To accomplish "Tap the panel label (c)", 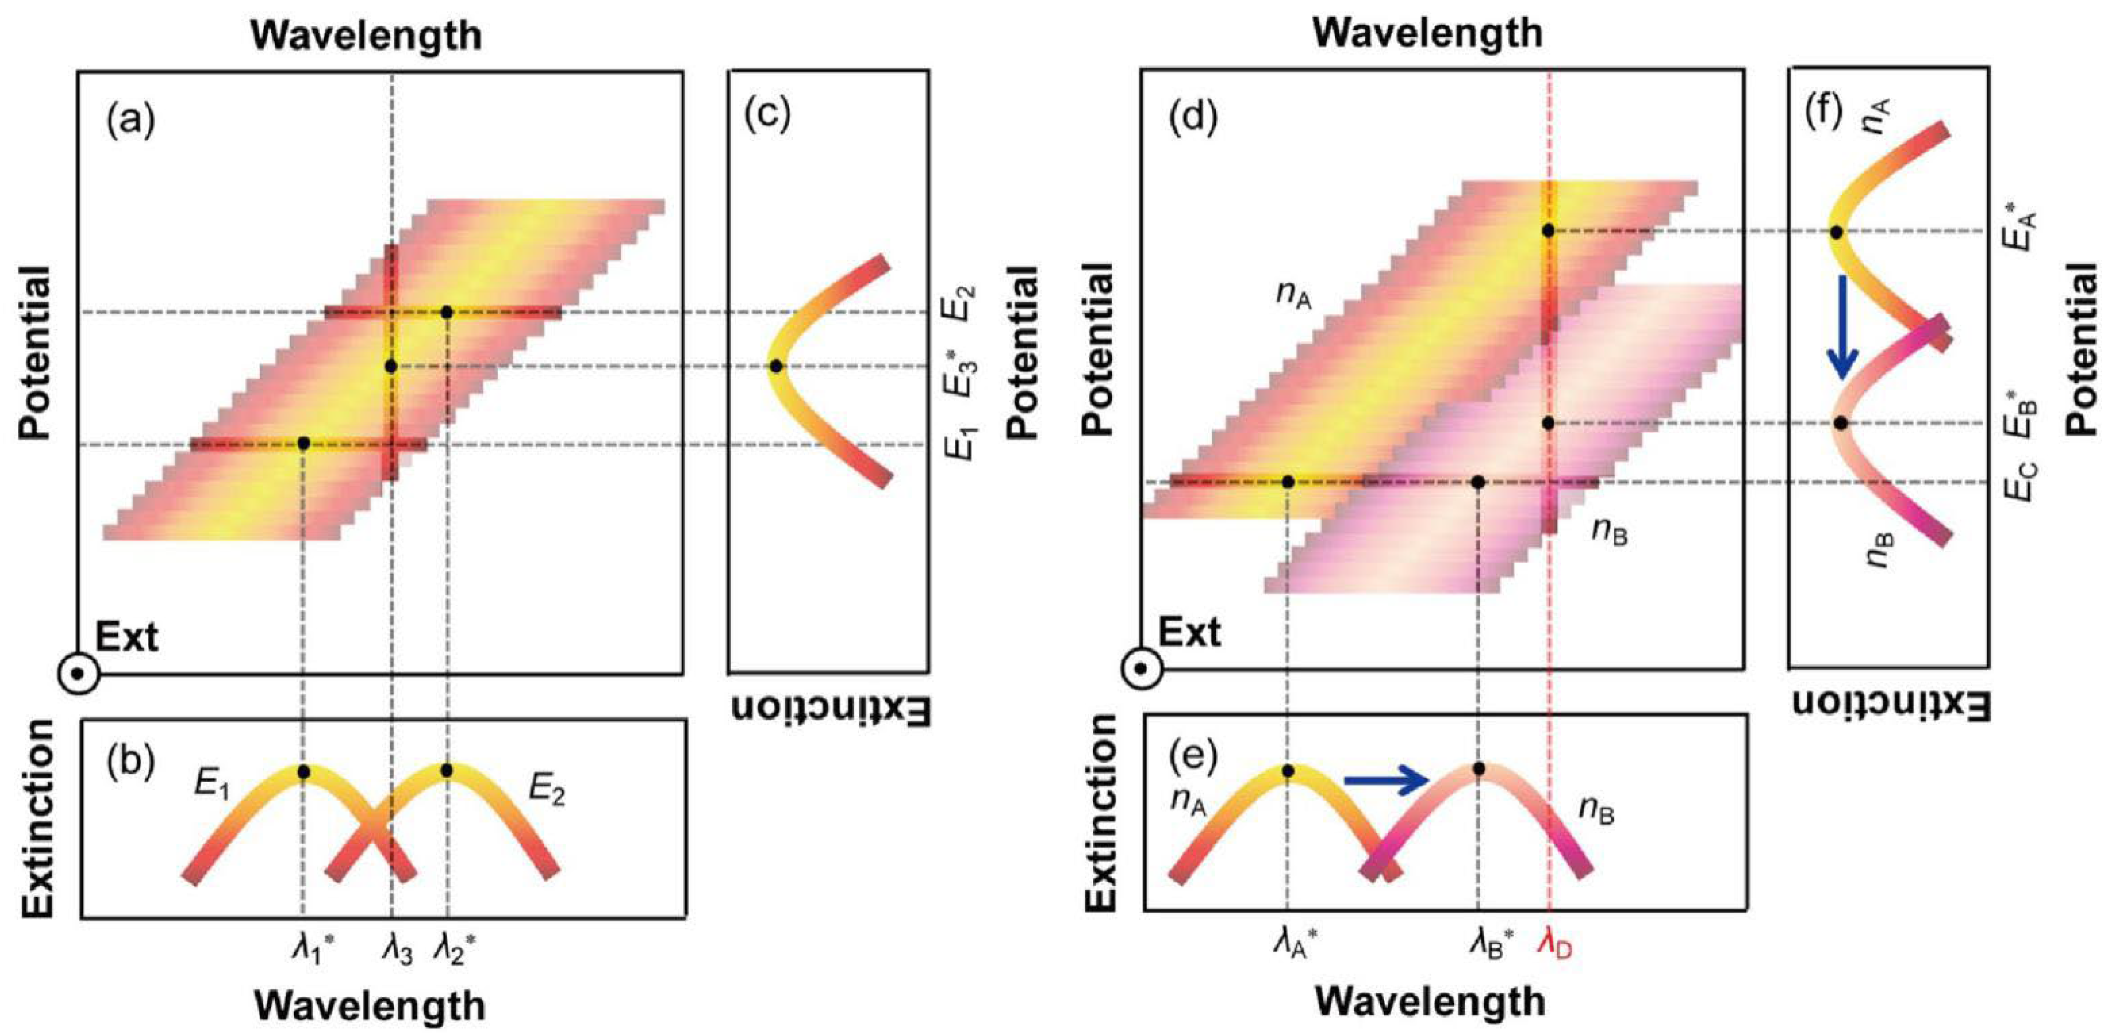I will coord(766,115).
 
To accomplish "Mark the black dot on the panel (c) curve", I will coord(775,366).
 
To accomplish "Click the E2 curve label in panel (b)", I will coord(546,791).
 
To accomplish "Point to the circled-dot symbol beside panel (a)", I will coord(78,674).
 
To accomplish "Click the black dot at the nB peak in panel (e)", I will coord(1478,769).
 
